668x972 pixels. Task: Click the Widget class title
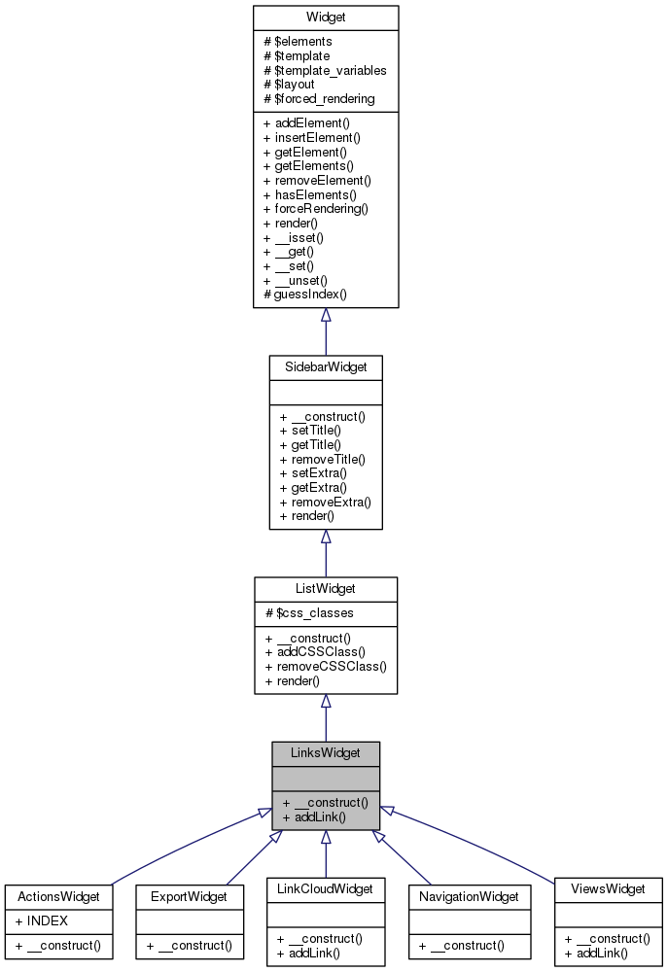(326, 17)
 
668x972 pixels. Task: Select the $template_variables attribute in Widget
(325, 70)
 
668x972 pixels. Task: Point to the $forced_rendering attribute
(319, 99)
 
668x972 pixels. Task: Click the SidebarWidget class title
(326, 367)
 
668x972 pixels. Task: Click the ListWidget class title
(326, 589)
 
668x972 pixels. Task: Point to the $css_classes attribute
(309, 613)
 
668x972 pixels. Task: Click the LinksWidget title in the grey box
(326, 753)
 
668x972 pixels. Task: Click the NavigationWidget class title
(470, 896)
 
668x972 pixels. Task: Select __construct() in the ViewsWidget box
(607, 939)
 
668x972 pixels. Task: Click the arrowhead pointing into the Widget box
(326, 315)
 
